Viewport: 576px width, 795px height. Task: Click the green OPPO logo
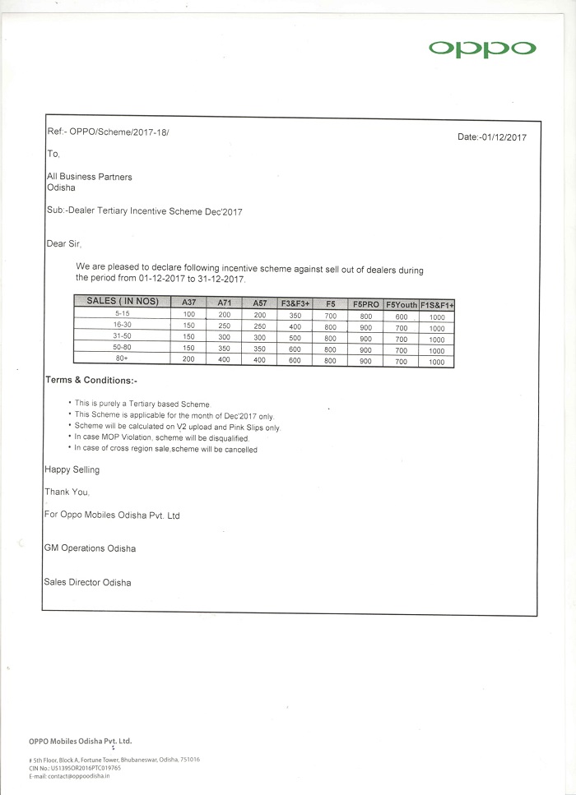[x=481, y=49]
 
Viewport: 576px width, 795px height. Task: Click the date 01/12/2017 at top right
[x=492, y=137]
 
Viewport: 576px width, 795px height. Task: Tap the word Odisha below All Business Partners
[x=62, y=187]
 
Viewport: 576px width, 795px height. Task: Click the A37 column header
[x=188, y=303]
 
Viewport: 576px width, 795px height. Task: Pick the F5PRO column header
[x=365, y=303]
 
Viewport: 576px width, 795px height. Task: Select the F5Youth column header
[x=401, y=303]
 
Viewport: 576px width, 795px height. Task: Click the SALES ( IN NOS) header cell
[x=123, y=301]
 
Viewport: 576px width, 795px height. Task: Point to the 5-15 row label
[x=123, y=313]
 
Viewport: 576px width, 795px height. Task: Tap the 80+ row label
[x=123, y=359]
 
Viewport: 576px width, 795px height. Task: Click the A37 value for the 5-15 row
[x=188, y=314]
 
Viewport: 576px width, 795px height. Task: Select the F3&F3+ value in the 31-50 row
[x=295, y=338]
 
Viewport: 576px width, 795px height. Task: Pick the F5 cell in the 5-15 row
[x=331, y=315]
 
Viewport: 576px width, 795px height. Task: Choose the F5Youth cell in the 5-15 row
[x=401, y=316]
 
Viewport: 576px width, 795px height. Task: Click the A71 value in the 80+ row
[x=224, y=360]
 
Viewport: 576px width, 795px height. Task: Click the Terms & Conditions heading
[x=91, y=381]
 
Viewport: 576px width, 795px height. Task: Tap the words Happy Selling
[x=72, y=469]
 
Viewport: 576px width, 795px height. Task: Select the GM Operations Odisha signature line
[x=90, y=548]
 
